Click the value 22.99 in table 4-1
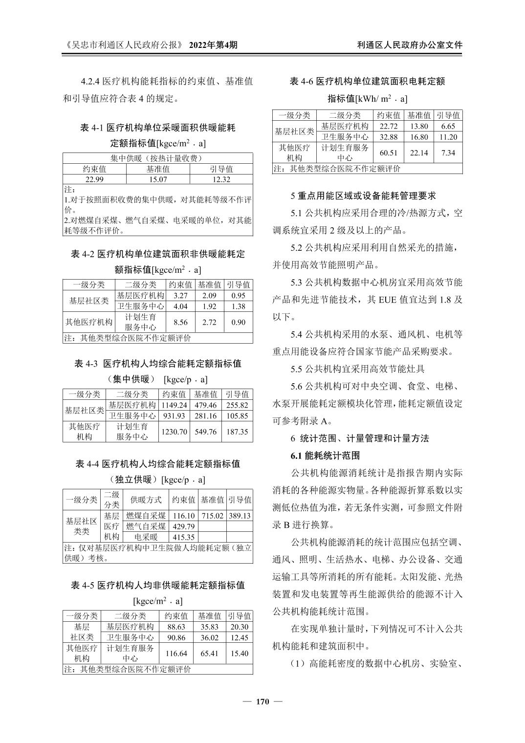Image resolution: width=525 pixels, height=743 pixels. pos(94,179)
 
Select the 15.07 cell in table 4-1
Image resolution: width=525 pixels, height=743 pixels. pos(157,179)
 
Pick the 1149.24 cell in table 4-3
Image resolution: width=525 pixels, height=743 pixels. pos(175,405)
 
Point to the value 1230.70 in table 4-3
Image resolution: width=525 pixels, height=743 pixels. pos(175,432)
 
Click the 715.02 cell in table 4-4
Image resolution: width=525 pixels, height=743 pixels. pos(213,516)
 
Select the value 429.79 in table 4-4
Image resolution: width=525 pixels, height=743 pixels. pos(184,526)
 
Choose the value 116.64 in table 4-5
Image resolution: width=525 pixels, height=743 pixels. pos(176,654)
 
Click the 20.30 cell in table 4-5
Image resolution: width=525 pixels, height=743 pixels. pos(240,627)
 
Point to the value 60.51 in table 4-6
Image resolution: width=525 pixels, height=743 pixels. pos(389,153)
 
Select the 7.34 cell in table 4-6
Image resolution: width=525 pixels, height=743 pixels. pos(448,153)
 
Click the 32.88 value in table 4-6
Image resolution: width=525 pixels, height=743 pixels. pos(389,137)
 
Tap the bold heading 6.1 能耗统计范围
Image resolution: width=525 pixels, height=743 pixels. pos(325,456)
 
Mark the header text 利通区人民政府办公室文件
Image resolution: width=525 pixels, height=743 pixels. pos(410,45)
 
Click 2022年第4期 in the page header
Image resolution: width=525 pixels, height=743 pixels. pos(213,45)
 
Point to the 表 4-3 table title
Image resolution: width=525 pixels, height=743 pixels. pos(157,364)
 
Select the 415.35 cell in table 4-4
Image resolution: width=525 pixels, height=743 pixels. pos(184,537)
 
